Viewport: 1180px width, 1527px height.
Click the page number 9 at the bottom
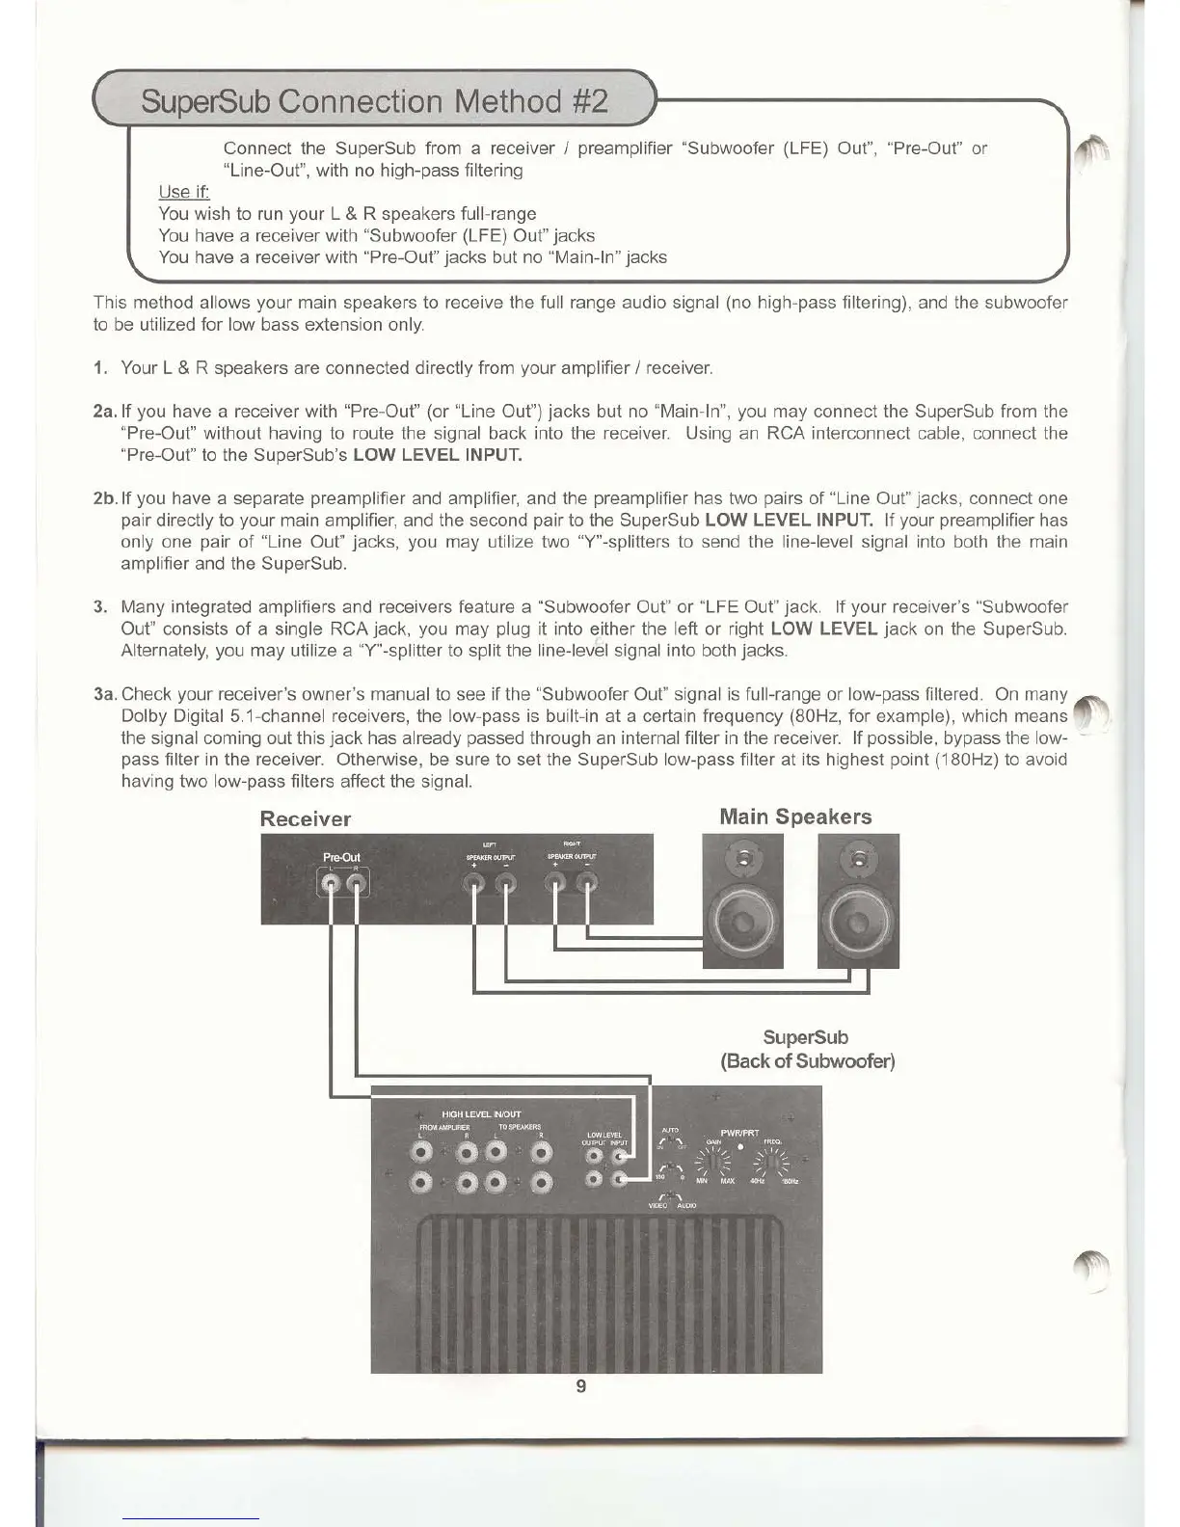coord(580,1386)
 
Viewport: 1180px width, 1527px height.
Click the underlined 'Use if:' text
coord(183,192)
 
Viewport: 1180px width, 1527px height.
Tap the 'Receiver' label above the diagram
coord(306,819)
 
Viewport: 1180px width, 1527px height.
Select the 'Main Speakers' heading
coord(795,817)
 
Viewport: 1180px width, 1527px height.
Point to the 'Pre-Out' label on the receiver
coord(341,857)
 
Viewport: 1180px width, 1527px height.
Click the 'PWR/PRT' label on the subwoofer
coord(739,1134)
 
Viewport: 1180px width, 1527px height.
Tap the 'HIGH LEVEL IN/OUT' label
coord(481,1114)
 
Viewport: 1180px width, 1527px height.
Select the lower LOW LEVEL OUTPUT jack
coord(595,1179)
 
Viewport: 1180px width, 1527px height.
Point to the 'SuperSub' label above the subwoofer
coord(806,1038)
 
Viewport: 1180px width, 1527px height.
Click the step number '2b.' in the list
coord(105,498)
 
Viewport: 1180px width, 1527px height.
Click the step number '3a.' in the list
coord(105,694)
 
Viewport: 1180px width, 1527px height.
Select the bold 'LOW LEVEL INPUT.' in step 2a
coord(438,455)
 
